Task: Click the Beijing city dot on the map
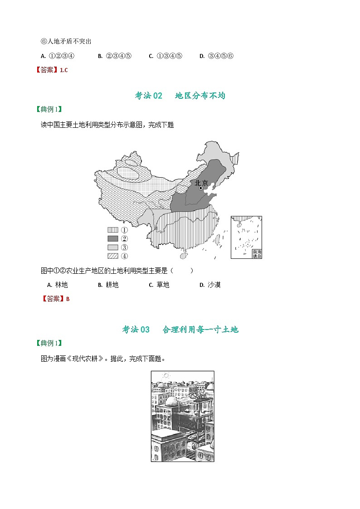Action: [x=201, y=188]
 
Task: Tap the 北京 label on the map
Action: [x=201, y=183]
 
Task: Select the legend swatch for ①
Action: [x=113, y=230]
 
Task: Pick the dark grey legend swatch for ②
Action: [x=113, y=238]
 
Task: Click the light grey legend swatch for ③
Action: [x=113, y=247]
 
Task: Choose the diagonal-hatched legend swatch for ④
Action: [x=113, y=256]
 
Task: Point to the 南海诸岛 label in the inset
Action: [x=257, y=254]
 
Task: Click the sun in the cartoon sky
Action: [x=166, y=375]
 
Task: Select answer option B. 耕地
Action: [x=108, y=285]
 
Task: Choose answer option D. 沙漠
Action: [x=210, y=285]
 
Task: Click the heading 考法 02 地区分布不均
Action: [x=180, y=96]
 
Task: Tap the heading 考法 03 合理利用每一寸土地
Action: [x=180, y=330]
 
